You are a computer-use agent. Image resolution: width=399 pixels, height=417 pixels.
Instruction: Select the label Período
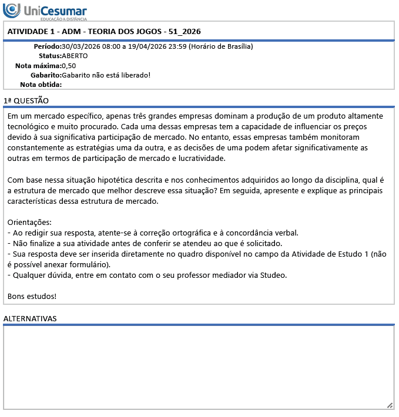click(x=47, y=46)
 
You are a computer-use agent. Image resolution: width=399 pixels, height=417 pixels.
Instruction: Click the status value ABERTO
click(x=75, y=56)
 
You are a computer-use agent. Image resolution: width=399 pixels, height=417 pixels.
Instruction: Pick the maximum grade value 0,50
click(x=69, y=65)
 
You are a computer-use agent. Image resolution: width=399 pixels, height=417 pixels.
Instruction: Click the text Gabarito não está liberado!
click(x=106, y=75)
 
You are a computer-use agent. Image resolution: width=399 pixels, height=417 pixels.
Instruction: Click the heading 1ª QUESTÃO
click(x=26, y=101)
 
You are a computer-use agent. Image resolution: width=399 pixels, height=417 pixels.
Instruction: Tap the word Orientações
click(x=29, y=222)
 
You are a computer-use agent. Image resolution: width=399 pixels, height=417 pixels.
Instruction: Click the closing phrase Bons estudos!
click(x=32, y=295)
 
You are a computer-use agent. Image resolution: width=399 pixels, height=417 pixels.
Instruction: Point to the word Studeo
click(x=273, y=275)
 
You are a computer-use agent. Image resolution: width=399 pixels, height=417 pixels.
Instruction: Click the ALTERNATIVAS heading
click(x=29, y=318)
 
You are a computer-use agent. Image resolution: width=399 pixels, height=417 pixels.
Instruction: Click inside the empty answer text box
click(x=199, y=367)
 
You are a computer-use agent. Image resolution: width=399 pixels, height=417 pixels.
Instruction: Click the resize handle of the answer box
click(x=390, y=405)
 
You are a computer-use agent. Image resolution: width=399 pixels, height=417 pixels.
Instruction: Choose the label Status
click(x=50, y=56)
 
